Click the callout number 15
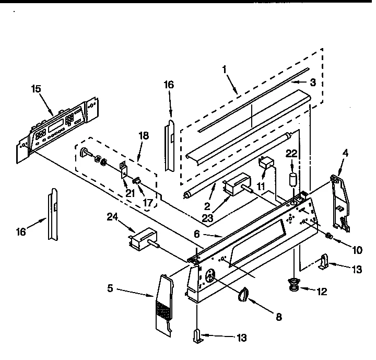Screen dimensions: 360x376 pyautogui.click(x=36, y=89)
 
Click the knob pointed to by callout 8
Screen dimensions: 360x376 pyautogui.click(x=243, y=296)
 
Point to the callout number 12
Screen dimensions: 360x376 pyautogui.click(x=322, y=292)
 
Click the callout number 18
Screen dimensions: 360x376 pyautogui.click(x=144, y=135)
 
